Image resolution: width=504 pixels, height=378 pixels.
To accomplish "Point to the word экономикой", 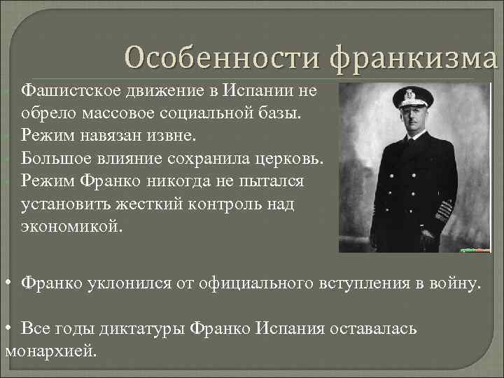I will click(x=71, y=227).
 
